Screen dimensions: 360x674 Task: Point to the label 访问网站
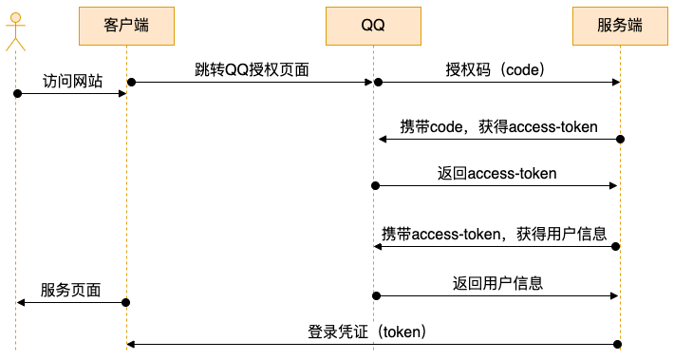[x=72, y=81]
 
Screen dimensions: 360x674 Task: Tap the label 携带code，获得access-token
[x=498, y=127]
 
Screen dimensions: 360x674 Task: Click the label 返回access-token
[x=496, y=173]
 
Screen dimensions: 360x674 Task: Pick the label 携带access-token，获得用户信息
[x=494, y=234]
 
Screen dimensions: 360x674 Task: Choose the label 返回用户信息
[x=496, y=283]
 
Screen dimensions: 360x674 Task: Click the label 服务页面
[x=70, y=289]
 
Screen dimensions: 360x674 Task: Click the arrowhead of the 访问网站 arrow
[x=122, y=93]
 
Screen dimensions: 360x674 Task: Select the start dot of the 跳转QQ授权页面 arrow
[x=132, y=83]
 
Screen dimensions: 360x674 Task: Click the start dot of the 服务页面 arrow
[x=126, y=302]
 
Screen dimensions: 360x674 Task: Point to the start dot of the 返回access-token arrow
[x=375, y=185]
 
